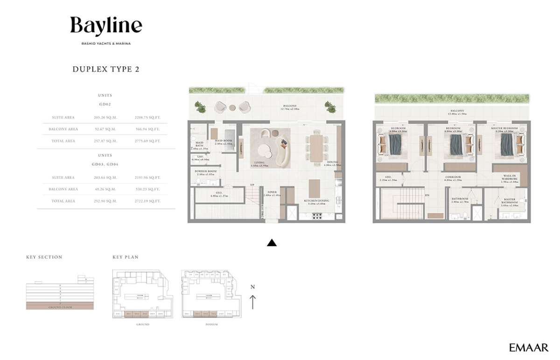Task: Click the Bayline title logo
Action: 106,26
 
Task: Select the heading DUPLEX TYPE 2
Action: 106,69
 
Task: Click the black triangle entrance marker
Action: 272,242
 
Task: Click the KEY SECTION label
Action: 44,257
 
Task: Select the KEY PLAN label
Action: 126,257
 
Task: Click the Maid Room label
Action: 224,142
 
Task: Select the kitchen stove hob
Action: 317,217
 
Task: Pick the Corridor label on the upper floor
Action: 453,178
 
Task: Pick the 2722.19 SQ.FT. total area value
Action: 151,201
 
